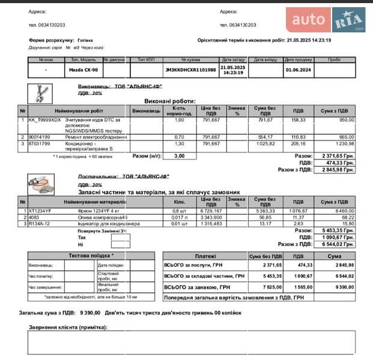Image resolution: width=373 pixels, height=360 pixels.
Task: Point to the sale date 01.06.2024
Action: click(x=298, y=70)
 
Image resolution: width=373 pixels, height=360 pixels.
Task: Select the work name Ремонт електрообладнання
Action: click(x=96, y=137)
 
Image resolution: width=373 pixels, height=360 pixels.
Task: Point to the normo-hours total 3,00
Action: click(x=179, y=156)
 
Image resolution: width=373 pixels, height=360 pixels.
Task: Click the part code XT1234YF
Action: click(x=41, y=211)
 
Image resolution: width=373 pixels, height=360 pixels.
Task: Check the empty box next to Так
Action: click(x=121, y=237)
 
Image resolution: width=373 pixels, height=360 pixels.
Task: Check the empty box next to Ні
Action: click(x=121, y=245)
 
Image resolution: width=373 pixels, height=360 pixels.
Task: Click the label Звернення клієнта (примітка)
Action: click(x=68, y=327)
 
